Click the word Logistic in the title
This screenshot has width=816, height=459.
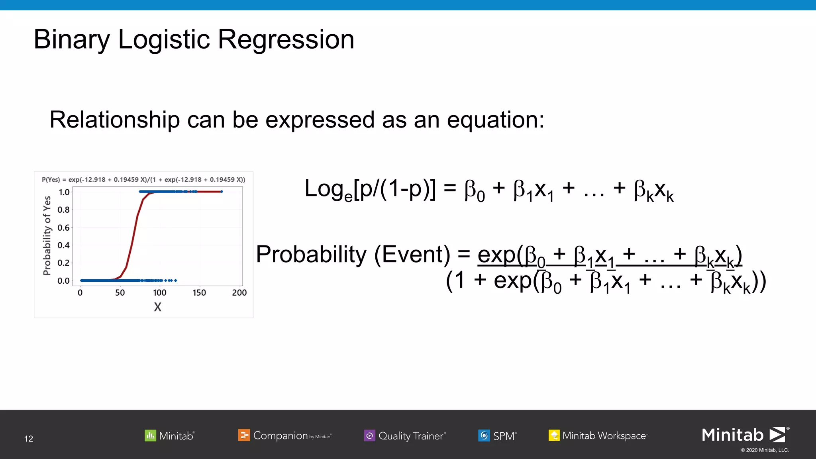click(x=164, y=40)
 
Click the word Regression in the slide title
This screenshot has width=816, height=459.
click(x=286, y=40)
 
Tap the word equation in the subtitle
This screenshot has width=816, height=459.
click(x=495, y=120)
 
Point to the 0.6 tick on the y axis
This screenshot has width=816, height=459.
click(x=64, y=228)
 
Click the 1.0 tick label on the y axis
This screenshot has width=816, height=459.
click(x=64, y=192)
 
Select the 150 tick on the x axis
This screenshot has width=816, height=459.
click(x=199, y=293)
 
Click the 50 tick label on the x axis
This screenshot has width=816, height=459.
click(x=120, y=293)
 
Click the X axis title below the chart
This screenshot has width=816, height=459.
click(x=158, y=307)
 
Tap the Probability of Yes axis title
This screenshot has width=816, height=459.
click(x=47, y=235)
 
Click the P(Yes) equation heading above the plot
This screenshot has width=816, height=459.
click(x=143, y=180)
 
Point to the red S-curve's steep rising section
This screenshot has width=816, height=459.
click(x=133, y=239)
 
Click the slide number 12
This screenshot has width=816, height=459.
click(x=29, y=439)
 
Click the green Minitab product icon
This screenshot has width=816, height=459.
click(x=150, y=435)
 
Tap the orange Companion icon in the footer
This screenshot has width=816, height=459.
click(x=244, y=435)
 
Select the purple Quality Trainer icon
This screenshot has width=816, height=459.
click(x=369, y=435)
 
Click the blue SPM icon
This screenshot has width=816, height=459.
click(x=484, y=435)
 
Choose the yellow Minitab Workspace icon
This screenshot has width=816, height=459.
click(x=554, y=435)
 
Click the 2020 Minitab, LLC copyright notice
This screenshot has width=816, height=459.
click(x=765, y=450)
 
